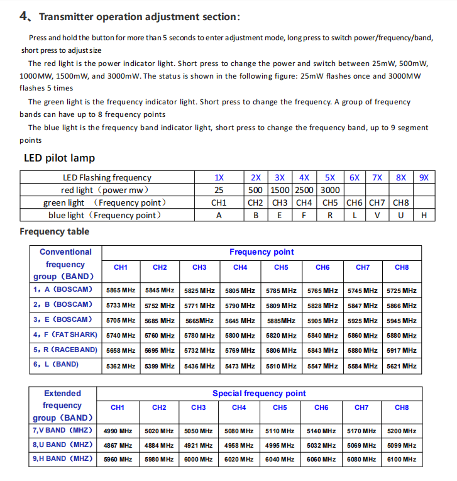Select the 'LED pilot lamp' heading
coord(59,158)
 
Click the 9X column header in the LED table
coord(424,177)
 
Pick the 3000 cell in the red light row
coord(329,190)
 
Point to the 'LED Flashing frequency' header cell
coord(107,177)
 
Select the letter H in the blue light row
coord(424,215)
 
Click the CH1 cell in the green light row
coord(219,202)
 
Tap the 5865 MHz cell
coord(121,290)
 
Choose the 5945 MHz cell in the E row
coord(402,321)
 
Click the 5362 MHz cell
coord(121,366)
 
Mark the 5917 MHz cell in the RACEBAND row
coord(402,351)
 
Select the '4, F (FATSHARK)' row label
coord(65,334)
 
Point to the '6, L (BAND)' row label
coord(56,364)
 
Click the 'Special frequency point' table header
coord(259,394)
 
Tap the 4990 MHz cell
coord(118,431)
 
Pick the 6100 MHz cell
coord(402,460)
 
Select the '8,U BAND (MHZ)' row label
coord(62,445)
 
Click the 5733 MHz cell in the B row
coord(121,306)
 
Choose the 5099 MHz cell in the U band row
coord(402,446)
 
